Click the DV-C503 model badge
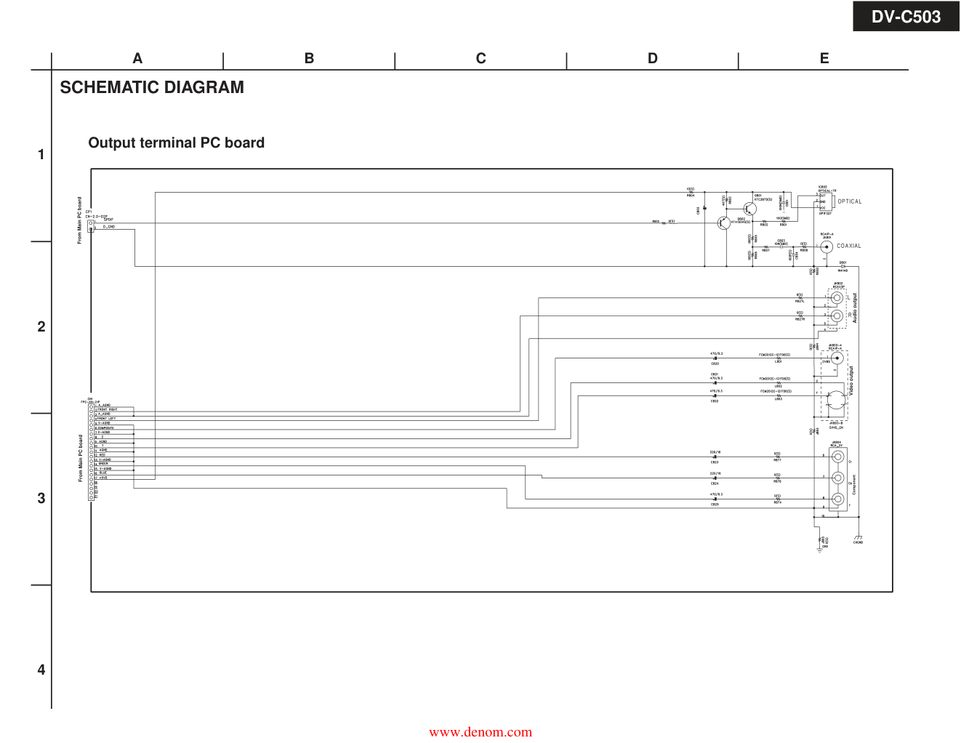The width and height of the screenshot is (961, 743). (x=906, y=16)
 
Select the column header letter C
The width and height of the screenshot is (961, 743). (x=480, y=59)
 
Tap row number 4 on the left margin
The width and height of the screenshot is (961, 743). (x=41, y=670)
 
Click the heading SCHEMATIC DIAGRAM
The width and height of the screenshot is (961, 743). (x=152, y=87)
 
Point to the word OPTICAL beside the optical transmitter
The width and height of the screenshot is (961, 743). (x=849, y=201)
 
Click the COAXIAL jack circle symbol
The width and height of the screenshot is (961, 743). (x=827, y=246)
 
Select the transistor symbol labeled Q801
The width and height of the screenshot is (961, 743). (x=749, y=209)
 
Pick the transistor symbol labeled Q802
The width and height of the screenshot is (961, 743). (x=723, y=223)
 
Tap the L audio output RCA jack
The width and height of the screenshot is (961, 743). (x=837, y=297)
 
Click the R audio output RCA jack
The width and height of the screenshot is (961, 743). (x=837, y=316)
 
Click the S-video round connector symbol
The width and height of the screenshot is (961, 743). (x=836, y=399)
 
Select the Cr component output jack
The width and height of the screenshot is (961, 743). (x=838, y=457)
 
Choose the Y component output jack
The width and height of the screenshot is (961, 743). (x=838, y=499)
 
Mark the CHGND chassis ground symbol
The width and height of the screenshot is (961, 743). (x=859, y=539)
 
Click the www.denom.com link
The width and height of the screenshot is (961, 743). (x=480, y=732)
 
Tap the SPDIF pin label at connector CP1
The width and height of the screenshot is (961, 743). (x=108, y=220)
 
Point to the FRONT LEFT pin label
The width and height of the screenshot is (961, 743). (x=107, y=419)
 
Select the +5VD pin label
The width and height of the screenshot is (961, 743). (x=102, y=478)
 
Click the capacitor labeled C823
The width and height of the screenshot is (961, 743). (x=715, y=457)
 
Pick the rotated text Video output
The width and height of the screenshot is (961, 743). (x=851, y=380)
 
